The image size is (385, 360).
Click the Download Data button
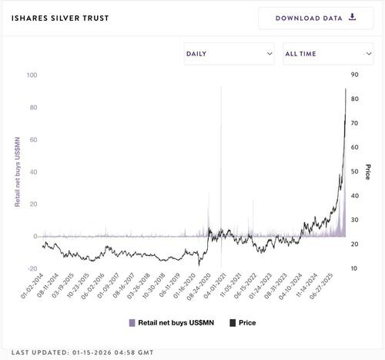tap(316, 18)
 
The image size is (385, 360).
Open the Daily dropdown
tap(229, 54)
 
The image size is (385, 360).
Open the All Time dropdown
tap(328, 54)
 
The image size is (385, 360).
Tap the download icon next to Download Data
tap(353, 17)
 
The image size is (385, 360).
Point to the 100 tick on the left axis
tap(32, 76)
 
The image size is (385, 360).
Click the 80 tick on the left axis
tap(33, 108)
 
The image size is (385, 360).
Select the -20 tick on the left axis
tap(32, 268)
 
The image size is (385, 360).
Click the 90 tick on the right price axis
tap(354, 75)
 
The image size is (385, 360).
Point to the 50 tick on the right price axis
tap(354, 171)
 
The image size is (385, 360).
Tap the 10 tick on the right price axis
tap(354, 268)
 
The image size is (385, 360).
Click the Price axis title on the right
tap(368, 172)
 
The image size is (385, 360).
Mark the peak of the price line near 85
tap(345, 89)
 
